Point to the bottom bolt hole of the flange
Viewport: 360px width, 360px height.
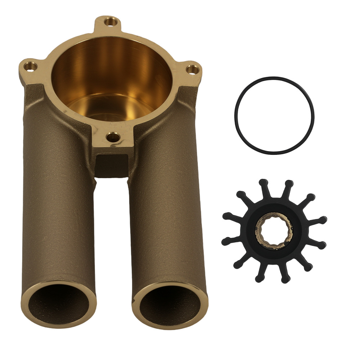point(113,137)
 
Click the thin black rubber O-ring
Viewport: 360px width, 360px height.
point(234,115)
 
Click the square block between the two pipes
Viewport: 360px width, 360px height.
point(112,164)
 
